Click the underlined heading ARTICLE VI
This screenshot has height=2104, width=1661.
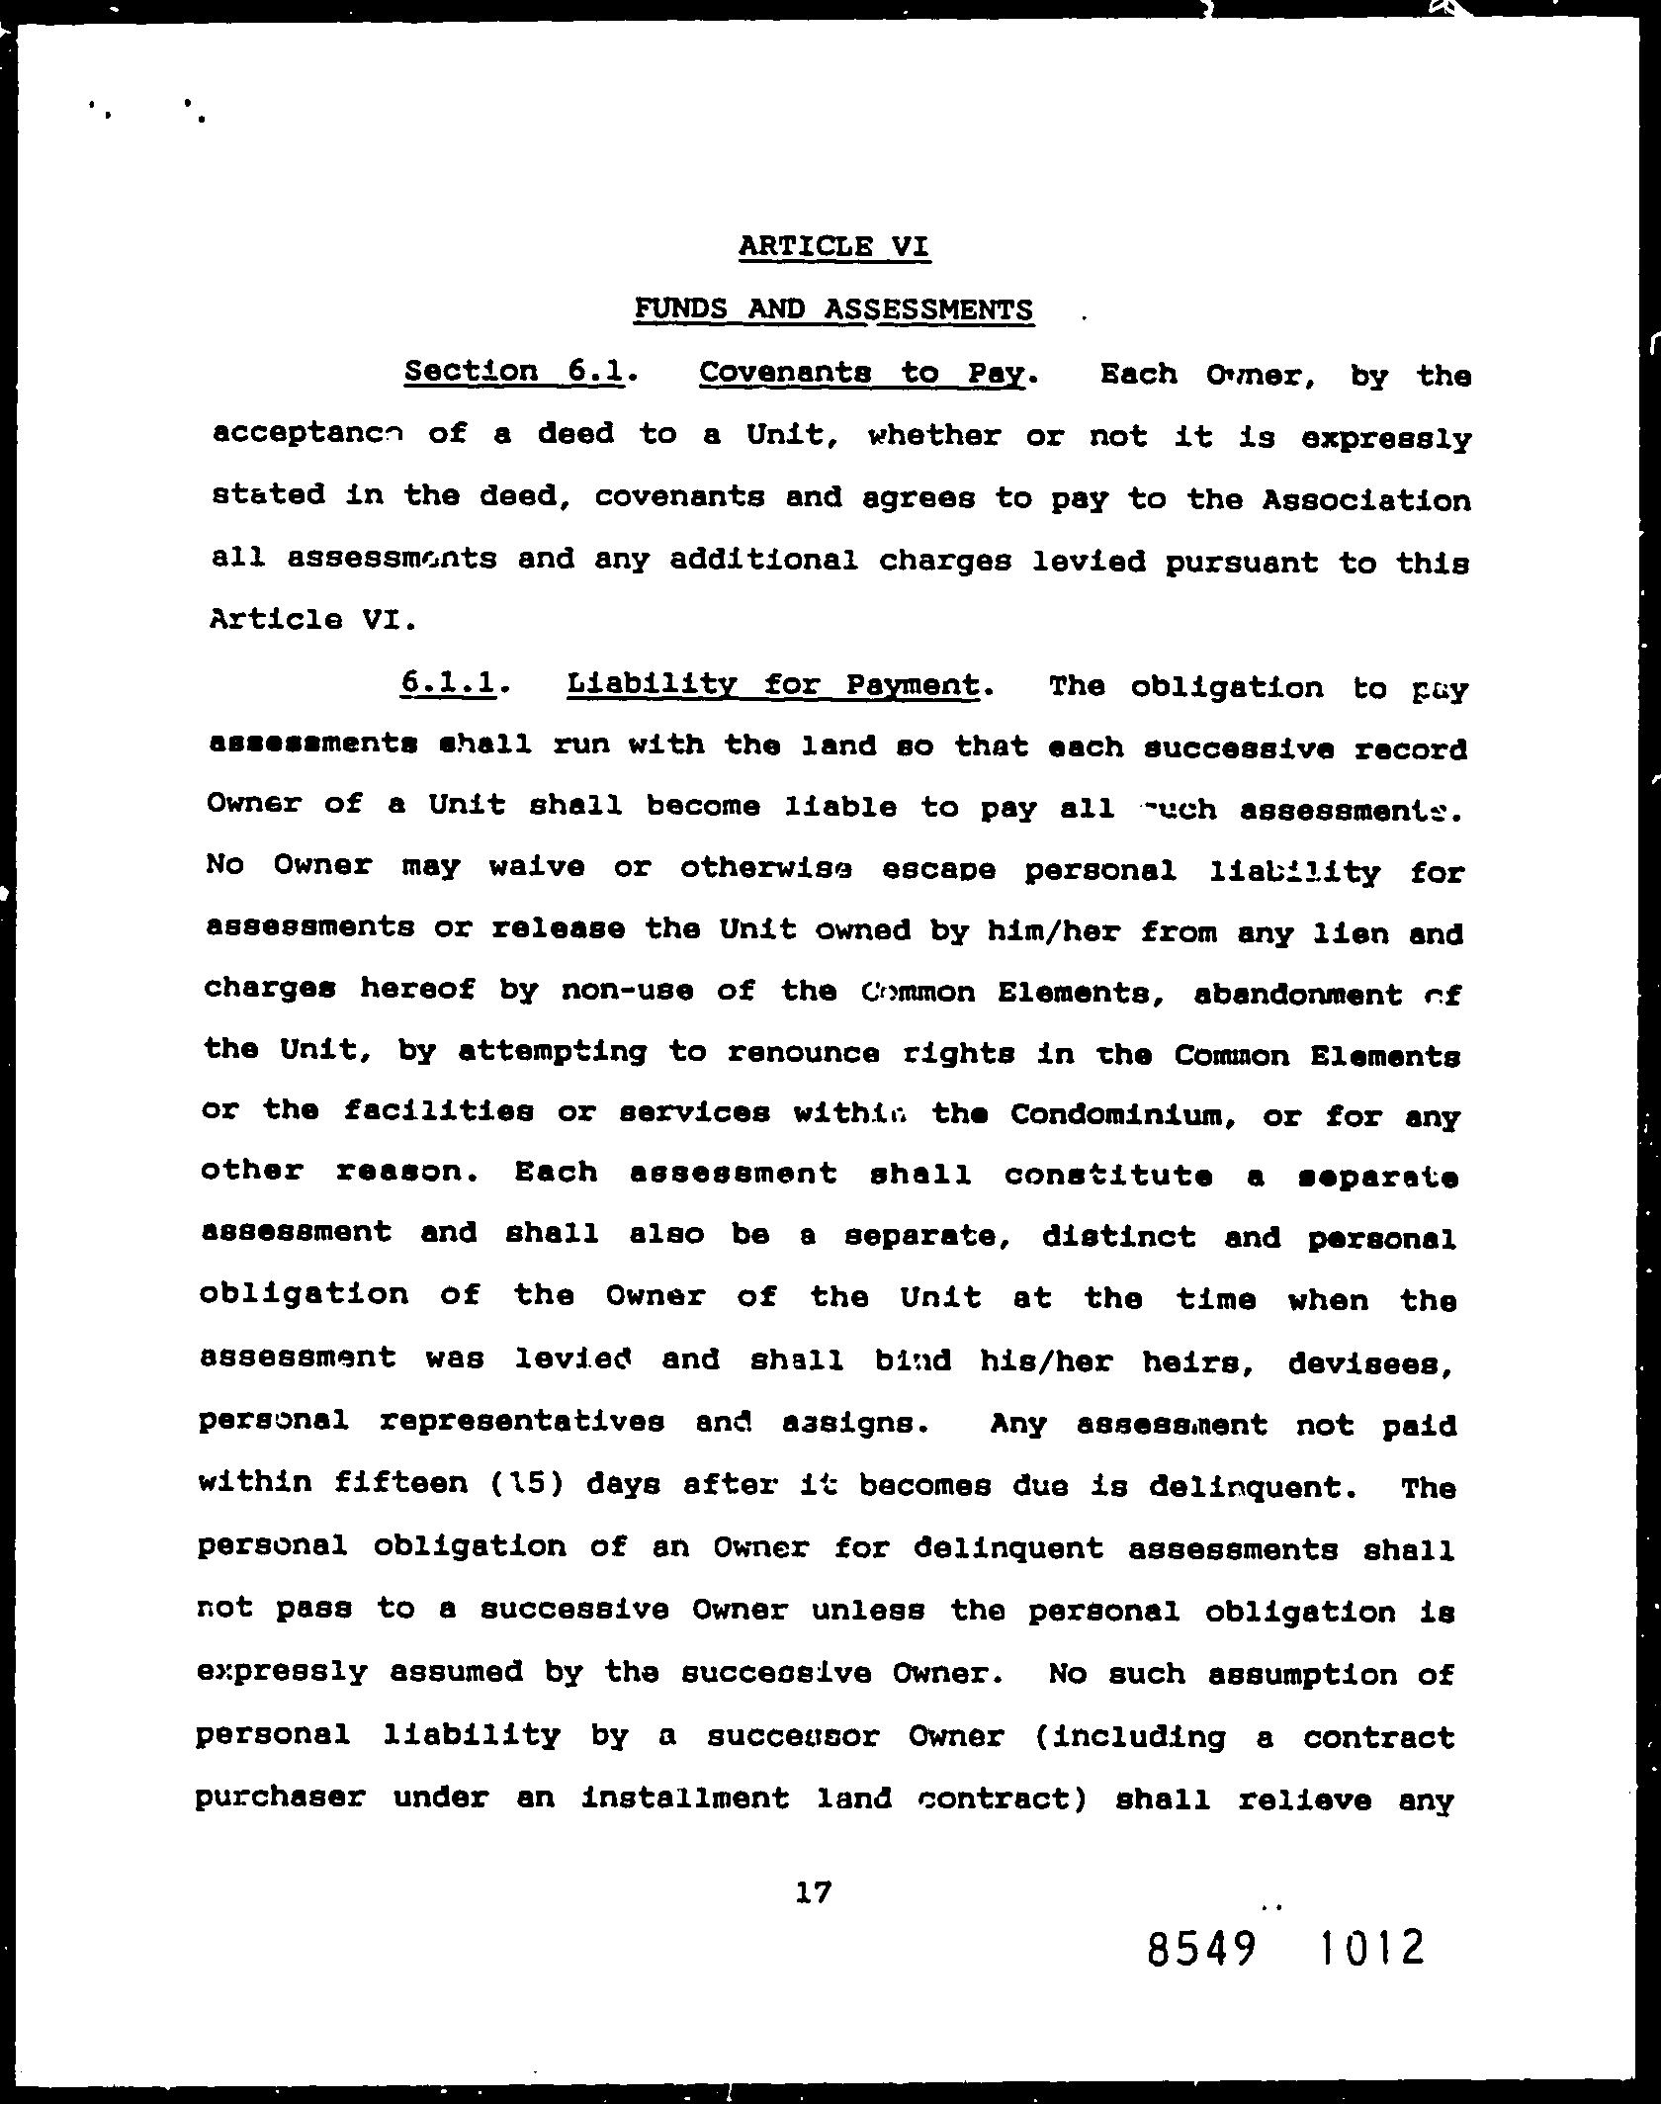pyautogui.click(x=833, y=245)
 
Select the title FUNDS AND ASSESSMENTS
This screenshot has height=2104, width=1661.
pyautogui.click(x=833, y=309)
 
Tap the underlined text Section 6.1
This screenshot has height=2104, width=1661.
pyautogui.click(x=515, y=371)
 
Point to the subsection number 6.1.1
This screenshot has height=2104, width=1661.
pyautogui.click(x=448, y=682)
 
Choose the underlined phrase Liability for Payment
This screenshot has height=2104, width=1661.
pyautogui.click(x=773, y=684)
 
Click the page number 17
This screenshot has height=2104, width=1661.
pyautogui.click(x=813, y=1892)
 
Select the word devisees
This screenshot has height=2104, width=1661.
pyautogui.click(x=1370, y=1364)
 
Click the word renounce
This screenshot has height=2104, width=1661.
pyautogui.click(x=803, y=1054)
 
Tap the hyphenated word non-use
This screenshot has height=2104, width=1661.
pyautogui.click(x=626, y=992)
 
